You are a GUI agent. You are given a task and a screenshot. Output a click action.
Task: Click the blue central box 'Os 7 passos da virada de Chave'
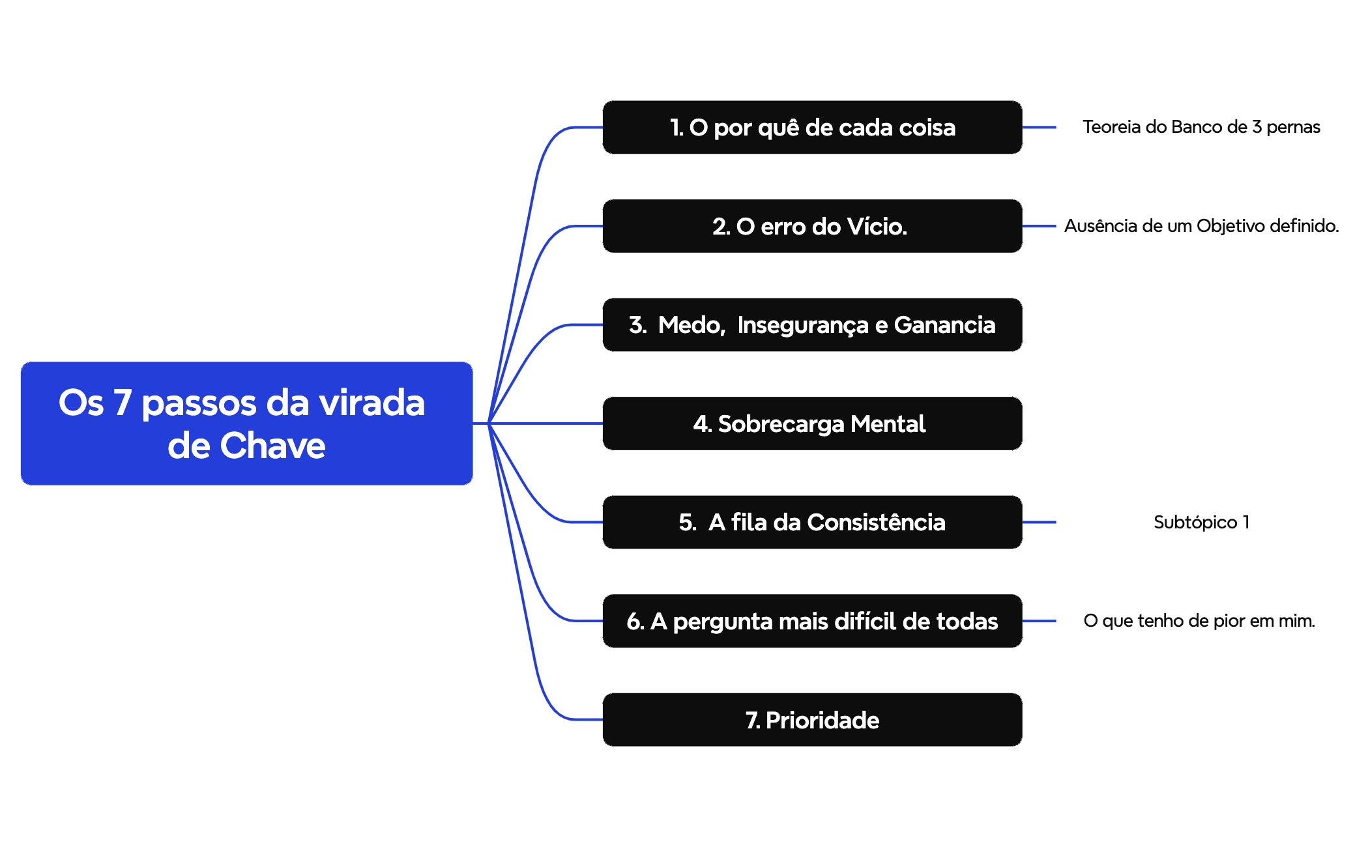pyautogui.click(x=246, y=423)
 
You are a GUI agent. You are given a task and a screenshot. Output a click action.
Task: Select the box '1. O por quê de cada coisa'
pyautogui.click(x=812, y=127)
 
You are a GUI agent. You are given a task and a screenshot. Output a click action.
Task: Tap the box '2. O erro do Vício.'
pyautogui.click(x=812, y=226)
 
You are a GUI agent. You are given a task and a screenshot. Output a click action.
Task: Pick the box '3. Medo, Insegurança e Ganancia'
pyautogui.click(x=812, y=324)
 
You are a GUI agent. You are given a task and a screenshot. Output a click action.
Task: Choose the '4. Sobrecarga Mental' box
pyautogui.click(x=812, y=423)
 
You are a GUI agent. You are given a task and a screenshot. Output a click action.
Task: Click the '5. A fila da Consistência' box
pyautogui.click(x=812, y=522)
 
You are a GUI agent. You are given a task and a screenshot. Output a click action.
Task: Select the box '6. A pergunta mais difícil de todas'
pyautogui.click(x=812, y=621)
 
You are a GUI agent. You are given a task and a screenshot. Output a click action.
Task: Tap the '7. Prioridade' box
pyautogui.click(x=812, y=719)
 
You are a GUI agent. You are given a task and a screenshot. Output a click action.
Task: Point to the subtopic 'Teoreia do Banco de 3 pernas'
pyautogui.click(x=1201, y=127)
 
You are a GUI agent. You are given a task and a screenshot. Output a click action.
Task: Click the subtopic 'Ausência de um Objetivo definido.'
pyautogui.click(x=1201, y=226)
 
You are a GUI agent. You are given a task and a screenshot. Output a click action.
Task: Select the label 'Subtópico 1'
pyautogui.click(x=1201, y=522)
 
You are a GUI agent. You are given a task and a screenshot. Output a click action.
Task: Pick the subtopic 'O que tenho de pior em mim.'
pyautogui.click(x=1199, y=621)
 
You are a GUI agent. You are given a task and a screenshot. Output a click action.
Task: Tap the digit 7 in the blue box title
pyautogui.click(x=123, y=402)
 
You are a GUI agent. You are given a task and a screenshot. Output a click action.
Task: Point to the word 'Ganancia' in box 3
pyautogui.click(x=944, y=324)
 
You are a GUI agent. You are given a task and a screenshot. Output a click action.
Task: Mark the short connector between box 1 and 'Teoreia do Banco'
pyautogui.click(x=1039, y=128)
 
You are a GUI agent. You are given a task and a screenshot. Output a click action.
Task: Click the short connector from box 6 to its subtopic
pyautogui.click(x=1039, y=621)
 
